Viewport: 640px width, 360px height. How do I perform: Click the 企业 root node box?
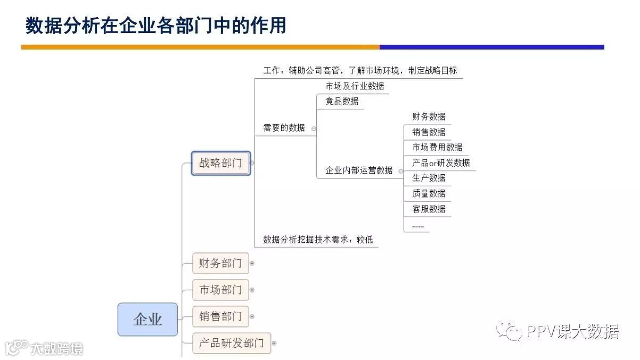(147, 320)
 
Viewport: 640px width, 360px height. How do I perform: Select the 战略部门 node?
(220, 163)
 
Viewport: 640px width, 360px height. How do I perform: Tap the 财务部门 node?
(220, 263)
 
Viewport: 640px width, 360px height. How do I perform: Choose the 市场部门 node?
(220, 290)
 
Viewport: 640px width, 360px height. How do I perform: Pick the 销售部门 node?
(220, 316)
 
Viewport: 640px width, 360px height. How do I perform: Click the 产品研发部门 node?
(232, 343)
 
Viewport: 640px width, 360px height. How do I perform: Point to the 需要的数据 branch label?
(284, 128)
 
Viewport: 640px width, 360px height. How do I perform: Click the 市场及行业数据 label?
(355, 86)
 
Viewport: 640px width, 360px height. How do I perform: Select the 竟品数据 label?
(342, 101)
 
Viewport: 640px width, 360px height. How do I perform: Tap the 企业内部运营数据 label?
(359, 170)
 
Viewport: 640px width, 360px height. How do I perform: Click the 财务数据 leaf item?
(429, 117)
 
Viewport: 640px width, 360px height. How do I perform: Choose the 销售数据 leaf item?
(429, 132)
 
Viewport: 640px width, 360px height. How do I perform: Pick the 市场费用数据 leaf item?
(437, 148)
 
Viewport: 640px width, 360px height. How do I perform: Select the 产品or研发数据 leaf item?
(441, 163)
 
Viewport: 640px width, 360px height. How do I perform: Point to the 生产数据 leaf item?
(429, 178)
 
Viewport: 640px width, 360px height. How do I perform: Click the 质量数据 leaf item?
(429, 193)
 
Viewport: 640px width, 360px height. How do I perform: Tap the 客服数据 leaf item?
(429, 209)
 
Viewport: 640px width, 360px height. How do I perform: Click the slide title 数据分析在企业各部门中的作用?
(156, 25)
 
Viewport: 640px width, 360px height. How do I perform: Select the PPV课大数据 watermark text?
(572, 332)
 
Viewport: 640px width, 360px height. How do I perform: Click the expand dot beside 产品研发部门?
(274, 343)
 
